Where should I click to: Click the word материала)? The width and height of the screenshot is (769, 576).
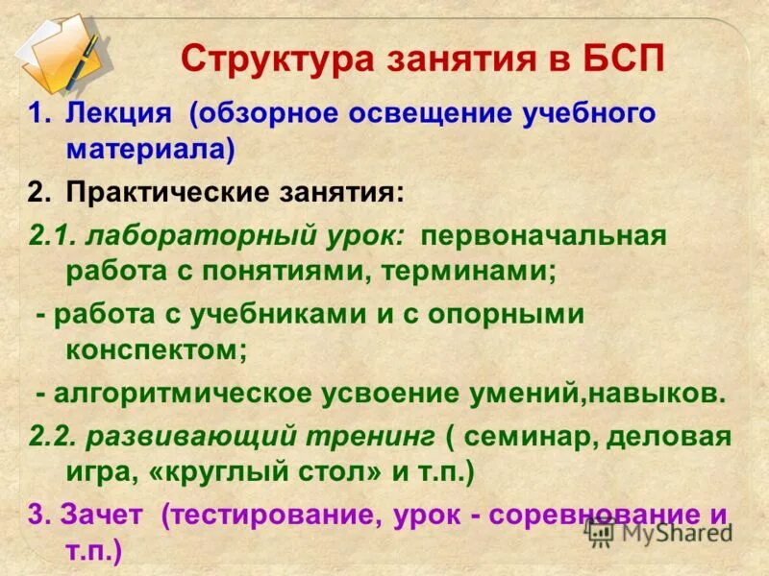(150, 149)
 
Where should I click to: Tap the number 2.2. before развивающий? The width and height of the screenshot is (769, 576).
(53, 437)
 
